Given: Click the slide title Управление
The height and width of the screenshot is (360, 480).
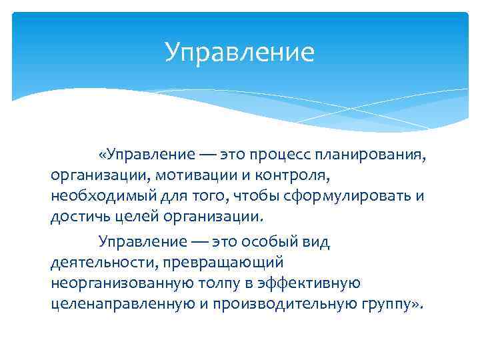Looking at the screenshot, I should pos(239,52).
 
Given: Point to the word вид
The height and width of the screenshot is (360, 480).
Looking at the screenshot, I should pos(317,241).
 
